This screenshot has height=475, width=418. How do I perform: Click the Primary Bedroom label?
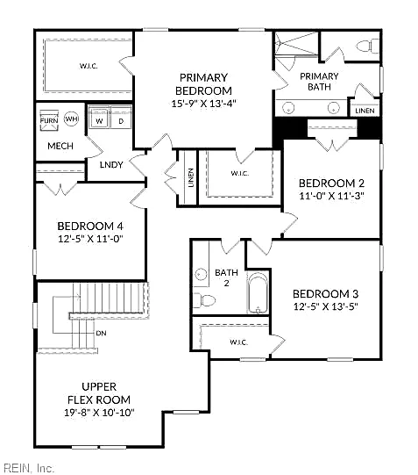(x=203, y=84)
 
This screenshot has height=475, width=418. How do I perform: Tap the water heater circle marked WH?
(x=71, y=119)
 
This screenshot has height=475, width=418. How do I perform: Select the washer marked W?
(x=99, y=118)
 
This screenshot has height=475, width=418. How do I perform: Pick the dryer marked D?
(x=121, y=118)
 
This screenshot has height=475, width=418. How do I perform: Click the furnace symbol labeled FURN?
(x=49, y=120)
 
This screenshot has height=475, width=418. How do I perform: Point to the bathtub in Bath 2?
(x=258, y=293)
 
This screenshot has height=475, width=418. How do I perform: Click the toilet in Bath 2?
(x=204, y=300)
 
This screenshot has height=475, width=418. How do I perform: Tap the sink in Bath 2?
(x=201, y=275)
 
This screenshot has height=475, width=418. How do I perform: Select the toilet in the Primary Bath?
(x=367, y=47)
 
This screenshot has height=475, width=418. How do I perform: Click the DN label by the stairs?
(x=101, y=334)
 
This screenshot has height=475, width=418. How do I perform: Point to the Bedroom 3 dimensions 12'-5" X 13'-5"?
(x=325, y=306)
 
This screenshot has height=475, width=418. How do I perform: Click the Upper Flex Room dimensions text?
(x=99, y=413)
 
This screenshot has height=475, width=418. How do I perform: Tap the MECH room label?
(x=60, y=146)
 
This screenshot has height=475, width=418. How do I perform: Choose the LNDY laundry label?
(x=111, y=165)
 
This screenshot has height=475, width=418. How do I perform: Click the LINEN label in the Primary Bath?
(x=365, y=111)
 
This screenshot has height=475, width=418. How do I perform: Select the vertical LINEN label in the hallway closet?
(x=191, y=178)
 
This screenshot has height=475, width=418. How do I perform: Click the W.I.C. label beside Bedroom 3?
(x=238, y=342)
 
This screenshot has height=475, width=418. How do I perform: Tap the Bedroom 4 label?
(x=90, y=227)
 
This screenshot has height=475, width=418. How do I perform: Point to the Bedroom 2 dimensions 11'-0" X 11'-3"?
(x=331, y=196)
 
